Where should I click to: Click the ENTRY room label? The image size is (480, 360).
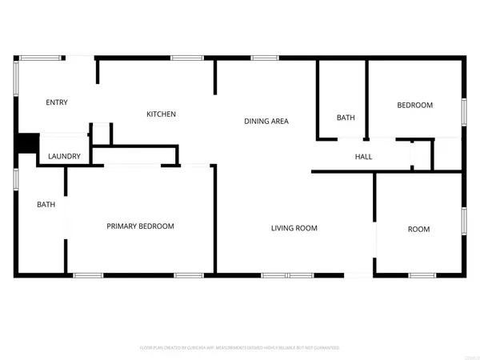[x=57, y=102]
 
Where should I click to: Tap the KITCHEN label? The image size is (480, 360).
[x=161, y=114]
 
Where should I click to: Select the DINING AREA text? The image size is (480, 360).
[x=266, y=122]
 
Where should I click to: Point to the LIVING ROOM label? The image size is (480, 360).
[x=294, y=229]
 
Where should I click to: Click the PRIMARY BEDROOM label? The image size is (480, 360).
[x=141, y=226]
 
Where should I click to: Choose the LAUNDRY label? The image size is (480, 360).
[x=64, y=156]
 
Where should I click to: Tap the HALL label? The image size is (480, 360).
[x=364, y=157]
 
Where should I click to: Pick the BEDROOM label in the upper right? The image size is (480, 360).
[x=415, y=106]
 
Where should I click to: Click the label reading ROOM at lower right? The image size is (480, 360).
[x=418, y=230]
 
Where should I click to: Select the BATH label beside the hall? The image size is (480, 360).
[x=346, y=118]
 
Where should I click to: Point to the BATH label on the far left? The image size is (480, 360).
[x=46, y=205]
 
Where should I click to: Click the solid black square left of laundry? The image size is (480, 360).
[x=27, y=142]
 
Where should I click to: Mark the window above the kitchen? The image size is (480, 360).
[x=186, y=57]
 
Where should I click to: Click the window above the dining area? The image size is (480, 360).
[x=265, y=57]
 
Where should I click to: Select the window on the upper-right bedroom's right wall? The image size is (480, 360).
[x=463, y=110]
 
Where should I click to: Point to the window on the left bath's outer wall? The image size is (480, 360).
[x=16, y=180]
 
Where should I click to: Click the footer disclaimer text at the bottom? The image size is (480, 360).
[x=240, y=348]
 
